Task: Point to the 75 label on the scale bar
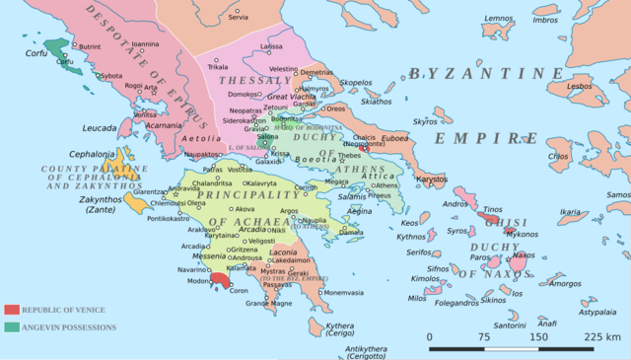[x=484, y=337]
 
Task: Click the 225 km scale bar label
[x=600, y=337]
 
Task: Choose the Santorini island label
[x=511, y=325]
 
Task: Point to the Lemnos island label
[x=499, y=18]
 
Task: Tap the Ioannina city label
[x=145, y=44]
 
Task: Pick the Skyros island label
[x=425, y=121]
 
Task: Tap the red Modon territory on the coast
[x=219, y=280]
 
